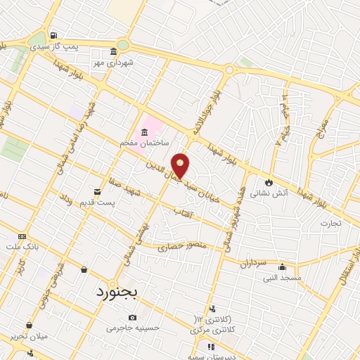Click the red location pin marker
[181, 165]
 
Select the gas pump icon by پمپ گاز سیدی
[54, 36]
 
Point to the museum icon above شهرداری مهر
[114, 51]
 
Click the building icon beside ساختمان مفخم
[145, 132]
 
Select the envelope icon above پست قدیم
[97, 191]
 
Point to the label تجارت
[330, 224]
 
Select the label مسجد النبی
[282, 278]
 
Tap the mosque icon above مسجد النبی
[282, 266]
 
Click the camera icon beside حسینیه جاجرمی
[133, 317]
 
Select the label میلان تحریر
[27, 336]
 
